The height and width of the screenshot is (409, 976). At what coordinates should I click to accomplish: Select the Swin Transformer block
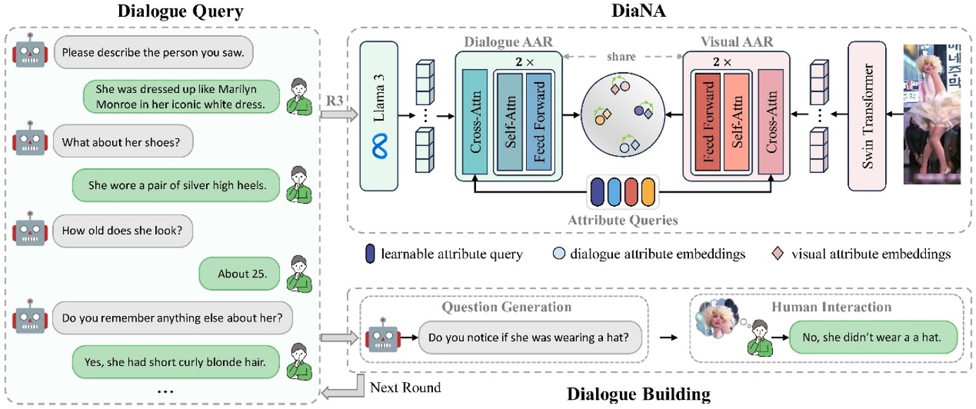[867, 116]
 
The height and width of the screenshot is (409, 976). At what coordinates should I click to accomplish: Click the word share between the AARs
[621, 56]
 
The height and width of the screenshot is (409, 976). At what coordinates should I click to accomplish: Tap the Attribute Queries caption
[623, 220]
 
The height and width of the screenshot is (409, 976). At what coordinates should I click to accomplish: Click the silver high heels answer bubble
[177, 186]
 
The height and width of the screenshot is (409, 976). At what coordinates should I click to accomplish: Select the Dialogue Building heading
[638, 394]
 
